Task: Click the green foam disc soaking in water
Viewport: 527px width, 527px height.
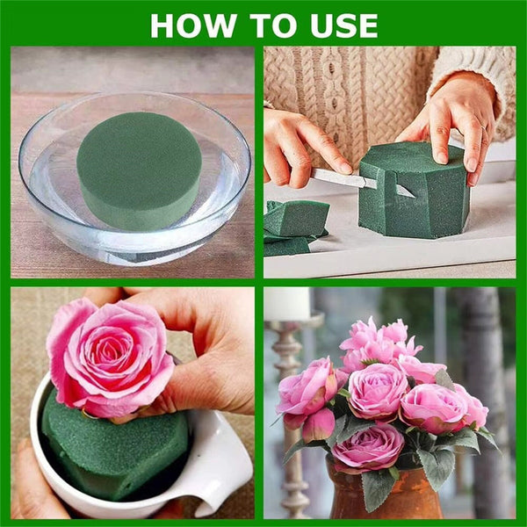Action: [139, 170]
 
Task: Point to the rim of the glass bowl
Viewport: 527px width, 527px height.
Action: [132, 99]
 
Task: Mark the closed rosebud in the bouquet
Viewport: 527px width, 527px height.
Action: [318, 425]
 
